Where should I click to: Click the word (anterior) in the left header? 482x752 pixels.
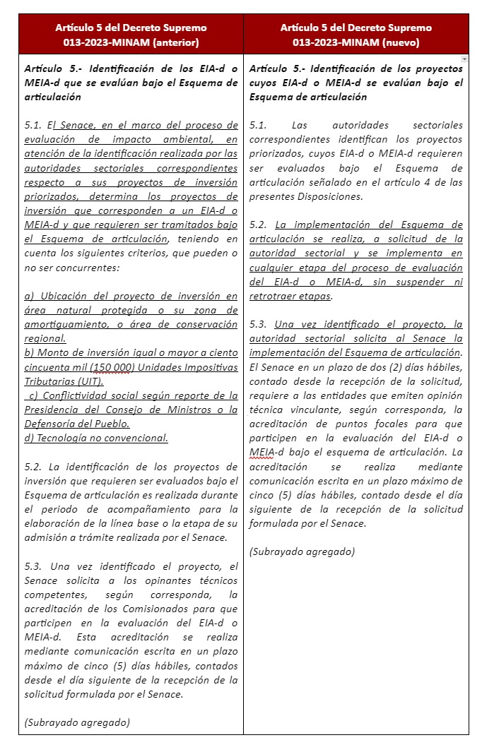point(175,42)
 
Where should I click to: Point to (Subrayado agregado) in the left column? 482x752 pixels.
point(77,722)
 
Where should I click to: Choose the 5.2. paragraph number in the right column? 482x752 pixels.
point(259,225)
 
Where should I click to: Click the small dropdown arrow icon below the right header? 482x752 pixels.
point(464,59)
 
